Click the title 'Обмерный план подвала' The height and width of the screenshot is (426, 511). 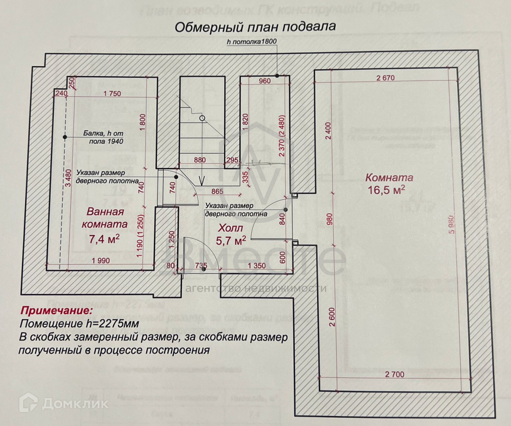255,27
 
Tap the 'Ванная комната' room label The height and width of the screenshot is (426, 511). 104,218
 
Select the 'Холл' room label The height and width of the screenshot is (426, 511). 231,228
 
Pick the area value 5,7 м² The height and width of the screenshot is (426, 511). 231,240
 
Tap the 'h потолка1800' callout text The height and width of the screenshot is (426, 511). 252,41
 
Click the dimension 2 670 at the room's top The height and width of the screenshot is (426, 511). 385,78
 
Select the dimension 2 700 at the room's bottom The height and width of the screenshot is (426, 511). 394,374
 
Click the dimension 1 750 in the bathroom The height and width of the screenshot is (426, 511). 112,94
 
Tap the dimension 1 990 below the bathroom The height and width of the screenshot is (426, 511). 100,261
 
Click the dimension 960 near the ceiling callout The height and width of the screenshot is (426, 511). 265,81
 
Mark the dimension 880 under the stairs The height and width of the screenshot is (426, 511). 200,160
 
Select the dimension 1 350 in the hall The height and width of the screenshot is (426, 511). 256,266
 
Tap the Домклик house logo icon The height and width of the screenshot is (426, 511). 30,403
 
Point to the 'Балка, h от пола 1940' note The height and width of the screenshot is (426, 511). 103,137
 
